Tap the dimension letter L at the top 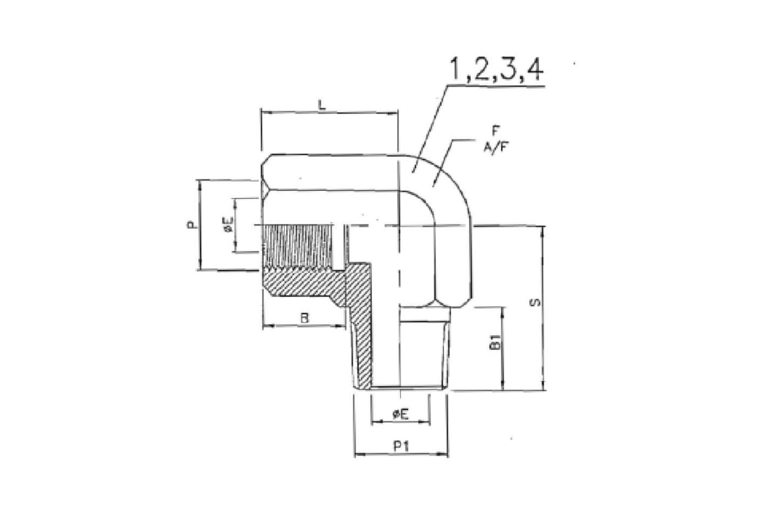322,105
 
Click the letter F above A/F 495,131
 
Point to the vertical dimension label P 193,225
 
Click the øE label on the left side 229,225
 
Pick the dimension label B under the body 304,318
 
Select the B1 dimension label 495,342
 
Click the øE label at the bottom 401,414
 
